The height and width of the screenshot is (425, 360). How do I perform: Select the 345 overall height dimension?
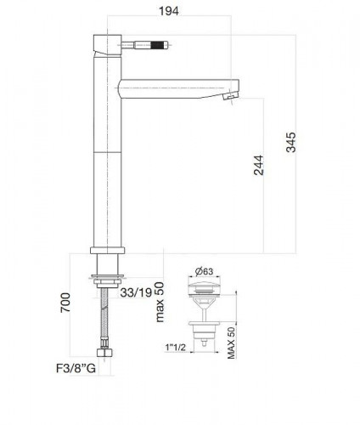[290, 143]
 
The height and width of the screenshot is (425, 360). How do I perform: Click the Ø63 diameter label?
[204, 272]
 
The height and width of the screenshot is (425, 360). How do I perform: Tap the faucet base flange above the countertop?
[107, 250]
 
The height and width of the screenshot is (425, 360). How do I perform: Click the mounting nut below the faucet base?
[107, 279]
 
